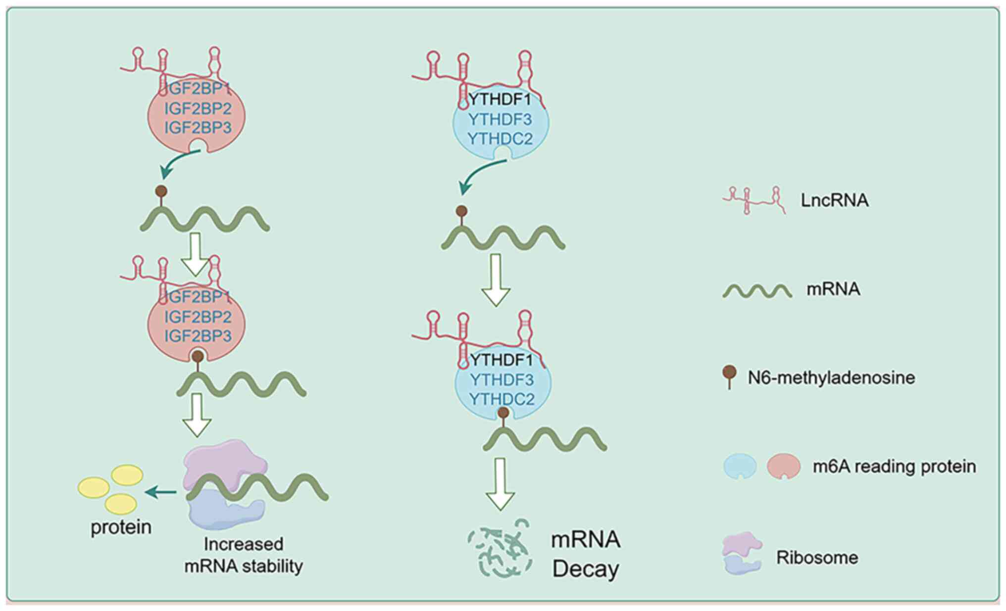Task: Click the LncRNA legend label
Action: pyautogui.click(x=834, y=200)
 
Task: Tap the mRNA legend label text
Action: pyautogui.click(x=833, y=289)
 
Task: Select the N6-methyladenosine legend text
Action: pyautogui.click(x=831, y=378)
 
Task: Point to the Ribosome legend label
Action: pyautogui.click(x=817, y=558)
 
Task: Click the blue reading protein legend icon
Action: pyautogui.click(x=740, y=467)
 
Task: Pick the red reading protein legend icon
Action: pyautogui.click(x=783, y=467)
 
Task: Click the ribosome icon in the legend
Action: pyautogui.click(x=741, y=553)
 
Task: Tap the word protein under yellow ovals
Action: pyautogui.click(x=121, y=527)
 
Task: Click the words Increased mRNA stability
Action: pyautogui.click(x=244, y=555)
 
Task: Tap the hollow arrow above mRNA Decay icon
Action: pyautogui.click(x=500, y=484)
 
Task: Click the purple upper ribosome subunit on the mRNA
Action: pyautogui.click(x=225, y=462)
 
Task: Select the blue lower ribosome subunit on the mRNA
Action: pyautogui.click(x=225, y=510)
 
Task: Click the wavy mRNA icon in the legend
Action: pyautogui.click(x=756, y=291)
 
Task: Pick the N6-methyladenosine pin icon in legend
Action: pyautogui.click(x=729, y=377)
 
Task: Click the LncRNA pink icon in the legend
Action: pyautogui.click(x=754, y=200)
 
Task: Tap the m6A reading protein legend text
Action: pyautogui.click(x=894, y=467)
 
